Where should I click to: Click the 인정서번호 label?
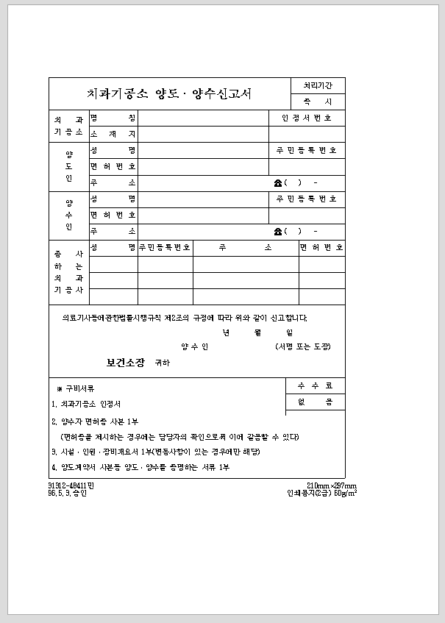tap(307, 118)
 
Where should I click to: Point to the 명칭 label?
tap(113, 118)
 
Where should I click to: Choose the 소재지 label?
tap(113, 134)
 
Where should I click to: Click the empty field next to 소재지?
tap(241, 134)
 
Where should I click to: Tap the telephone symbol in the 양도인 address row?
tap(278, 182)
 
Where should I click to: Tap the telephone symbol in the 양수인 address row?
tap(278, 231)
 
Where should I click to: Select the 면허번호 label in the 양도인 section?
tap(113, 166)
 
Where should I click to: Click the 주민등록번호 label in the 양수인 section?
tap(307, 199)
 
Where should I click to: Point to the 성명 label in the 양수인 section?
tap(113, 199)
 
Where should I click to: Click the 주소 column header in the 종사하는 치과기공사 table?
tap(245, 247)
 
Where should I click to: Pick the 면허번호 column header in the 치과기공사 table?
tap(321, 247)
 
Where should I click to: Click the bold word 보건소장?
tap(126, 363)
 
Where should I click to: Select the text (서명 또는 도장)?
tap(303, 346)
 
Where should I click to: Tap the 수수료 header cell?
tap(316, 385)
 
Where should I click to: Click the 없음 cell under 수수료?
tap(316, 402)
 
